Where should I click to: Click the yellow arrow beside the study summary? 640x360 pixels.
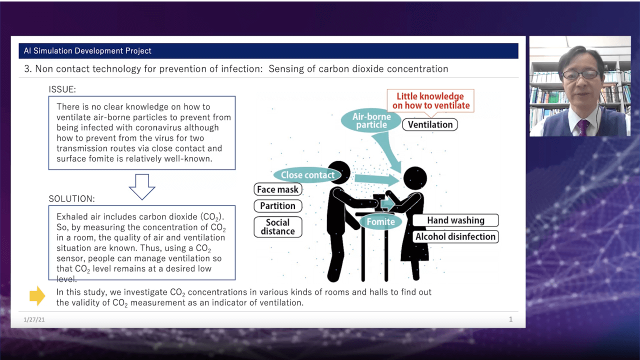pos(37,295)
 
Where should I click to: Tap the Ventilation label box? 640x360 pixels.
pos(430,124)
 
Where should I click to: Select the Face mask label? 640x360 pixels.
pos(277,189)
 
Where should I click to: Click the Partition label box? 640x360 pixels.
pos(277,205)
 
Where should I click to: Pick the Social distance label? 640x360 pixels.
pos(277,227)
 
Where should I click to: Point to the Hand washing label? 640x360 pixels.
pos(455,220)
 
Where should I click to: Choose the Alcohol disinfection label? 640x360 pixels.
pos(455,236)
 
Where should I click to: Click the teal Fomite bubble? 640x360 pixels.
pos(380,221)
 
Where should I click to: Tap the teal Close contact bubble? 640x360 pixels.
pos(307,175)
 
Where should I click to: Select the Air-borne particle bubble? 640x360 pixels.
pos(371,120)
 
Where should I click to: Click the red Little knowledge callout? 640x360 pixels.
pos(430,101)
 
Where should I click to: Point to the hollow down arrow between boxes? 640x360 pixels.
pos(142,187)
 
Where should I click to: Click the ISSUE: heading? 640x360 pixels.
pos(62,89)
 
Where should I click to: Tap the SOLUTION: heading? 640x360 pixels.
pos(71,199)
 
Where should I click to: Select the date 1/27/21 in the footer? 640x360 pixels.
pos(34,319)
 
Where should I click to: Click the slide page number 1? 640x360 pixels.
pos(510,319)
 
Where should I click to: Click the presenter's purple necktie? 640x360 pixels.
pos(583,127)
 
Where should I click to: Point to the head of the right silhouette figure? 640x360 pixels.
pos(415,178)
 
